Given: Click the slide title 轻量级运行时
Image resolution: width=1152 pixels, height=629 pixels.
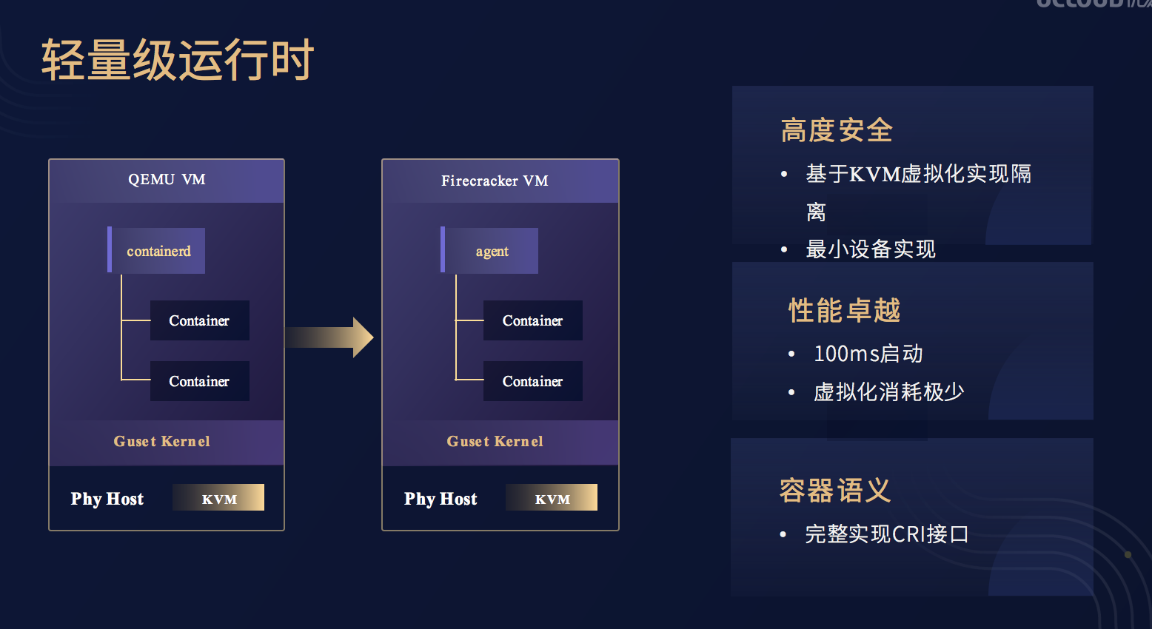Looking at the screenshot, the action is pos(178,60).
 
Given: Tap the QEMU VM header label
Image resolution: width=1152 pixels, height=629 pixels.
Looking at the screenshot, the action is pos(167,179).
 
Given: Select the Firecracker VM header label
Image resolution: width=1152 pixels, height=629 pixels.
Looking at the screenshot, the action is pos(495,181).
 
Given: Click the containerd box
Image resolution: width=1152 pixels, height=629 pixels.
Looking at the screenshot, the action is pos(156,251).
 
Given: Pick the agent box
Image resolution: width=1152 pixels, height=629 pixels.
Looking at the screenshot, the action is pos(489,251).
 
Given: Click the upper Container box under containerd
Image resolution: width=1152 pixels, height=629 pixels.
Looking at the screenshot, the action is pos(200,320).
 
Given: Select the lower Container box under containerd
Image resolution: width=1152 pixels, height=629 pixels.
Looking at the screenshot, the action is pos(200,381).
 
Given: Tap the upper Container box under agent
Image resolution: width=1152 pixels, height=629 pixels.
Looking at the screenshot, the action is pos(533,320).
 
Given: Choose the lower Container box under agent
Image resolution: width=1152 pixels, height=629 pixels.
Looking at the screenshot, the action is pos(533,381).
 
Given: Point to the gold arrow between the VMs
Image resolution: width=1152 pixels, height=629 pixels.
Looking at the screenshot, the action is pos(329,337).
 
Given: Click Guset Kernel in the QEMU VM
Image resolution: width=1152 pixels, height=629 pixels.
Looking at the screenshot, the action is pos(161,442).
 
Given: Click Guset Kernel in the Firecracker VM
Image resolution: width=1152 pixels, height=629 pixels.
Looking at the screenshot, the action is pos(495,442).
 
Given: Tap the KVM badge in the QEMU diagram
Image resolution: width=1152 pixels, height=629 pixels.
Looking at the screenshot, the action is pos(218,497).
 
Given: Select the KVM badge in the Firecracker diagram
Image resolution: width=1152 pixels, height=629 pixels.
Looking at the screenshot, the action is pos(552,497).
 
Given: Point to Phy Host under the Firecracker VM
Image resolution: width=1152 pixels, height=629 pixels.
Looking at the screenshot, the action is pos(441,499).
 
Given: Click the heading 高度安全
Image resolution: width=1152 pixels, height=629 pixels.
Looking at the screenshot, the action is pos(837,130).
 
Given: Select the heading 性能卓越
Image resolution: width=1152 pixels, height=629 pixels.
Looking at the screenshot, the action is pos(845,310).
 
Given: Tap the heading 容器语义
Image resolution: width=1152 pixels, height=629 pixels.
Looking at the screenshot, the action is pos(835,490).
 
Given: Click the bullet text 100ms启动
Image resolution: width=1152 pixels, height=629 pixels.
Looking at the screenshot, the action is pos(868,354).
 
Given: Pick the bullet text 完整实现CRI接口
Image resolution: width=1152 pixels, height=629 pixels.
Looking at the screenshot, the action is pos(887,534).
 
